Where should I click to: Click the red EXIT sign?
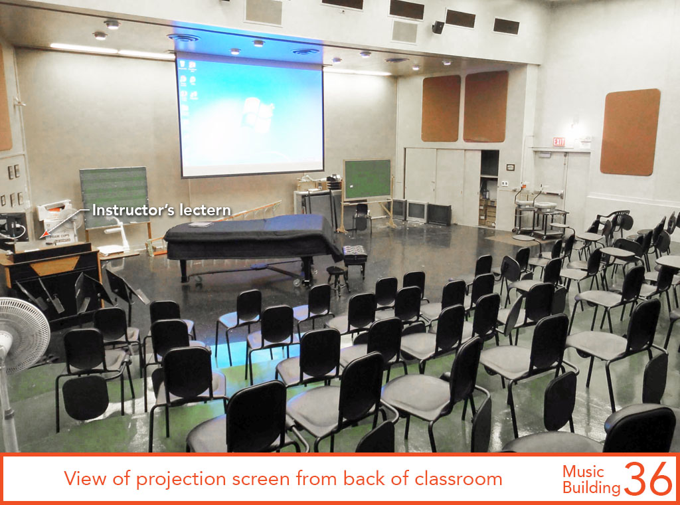[x=558, y=142]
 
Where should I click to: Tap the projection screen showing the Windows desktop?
[x=250, y=115]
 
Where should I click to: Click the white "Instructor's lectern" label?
[x=161, y=211]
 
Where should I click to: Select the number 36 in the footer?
[x=648, y=478]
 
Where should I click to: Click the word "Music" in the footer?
[x=583, y=472]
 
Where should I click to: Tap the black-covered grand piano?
[x=253, y=244]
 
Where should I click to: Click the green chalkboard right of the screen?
[x=367, y=179]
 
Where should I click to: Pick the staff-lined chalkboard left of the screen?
[x=114, y=197]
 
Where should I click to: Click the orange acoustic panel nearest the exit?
[x=630, y=132]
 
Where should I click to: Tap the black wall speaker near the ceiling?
[x=438, y=27]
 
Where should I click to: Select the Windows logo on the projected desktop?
[x=257, y=114]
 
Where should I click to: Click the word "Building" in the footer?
[x=592, y=488]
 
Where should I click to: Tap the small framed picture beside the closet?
[x=511, y=167]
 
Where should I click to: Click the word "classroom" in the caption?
[x=458, y=479]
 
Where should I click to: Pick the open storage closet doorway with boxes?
[x=489, y=188]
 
